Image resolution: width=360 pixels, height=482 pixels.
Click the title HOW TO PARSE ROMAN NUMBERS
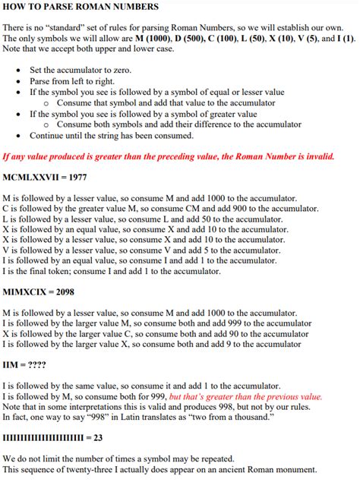[81, 7]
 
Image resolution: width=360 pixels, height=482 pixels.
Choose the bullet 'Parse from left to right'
[71, 81]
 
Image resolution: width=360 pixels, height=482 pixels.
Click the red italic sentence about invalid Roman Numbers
[168, 157]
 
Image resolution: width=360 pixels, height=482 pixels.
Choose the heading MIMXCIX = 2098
[43, 291]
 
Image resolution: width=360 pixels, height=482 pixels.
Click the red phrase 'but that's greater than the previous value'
[246, 396]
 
